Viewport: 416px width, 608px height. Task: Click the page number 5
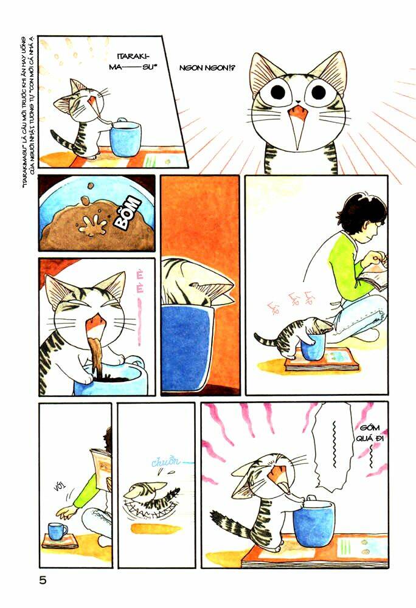tap(43, 580)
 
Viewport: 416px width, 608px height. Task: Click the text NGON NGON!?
tap(207, 69)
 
